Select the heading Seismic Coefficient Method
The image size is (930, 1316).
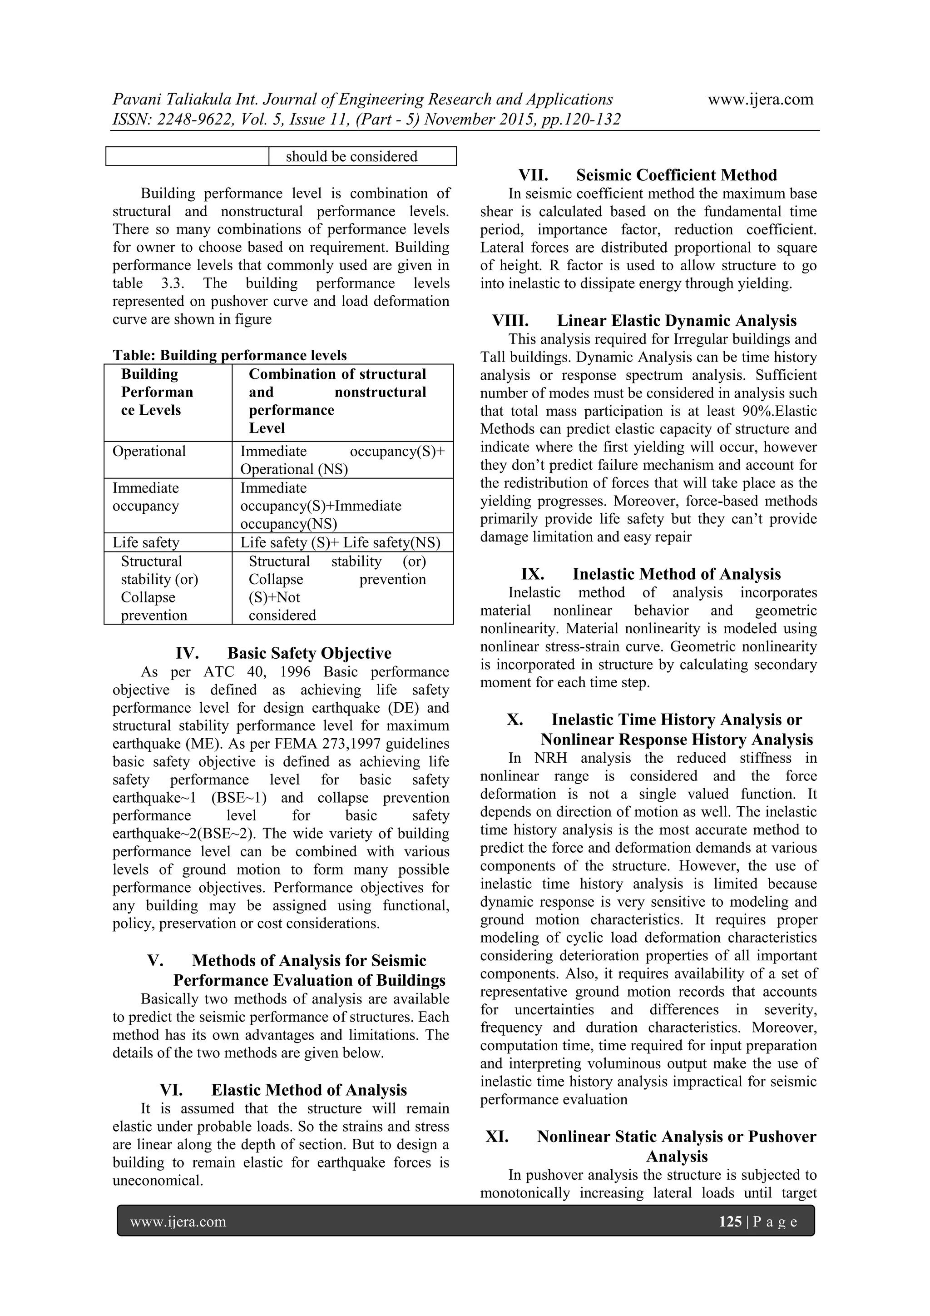pos(676,175)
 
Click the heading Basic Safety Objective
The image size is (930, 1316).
pos(309,653)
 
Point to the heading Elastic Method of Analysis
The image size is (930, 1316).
pos(309,1090)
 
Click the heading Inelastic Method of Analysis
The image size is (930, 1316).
pos(676,574)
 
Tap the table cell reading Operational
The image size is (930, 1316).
pos(149,451)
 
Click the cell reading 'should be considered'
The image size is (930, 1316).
pos(351,156)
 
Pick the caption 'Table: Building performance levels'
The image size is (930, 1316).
pos(229,355)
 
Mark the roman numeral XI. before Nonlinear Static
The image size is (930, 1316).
pos(497,1136)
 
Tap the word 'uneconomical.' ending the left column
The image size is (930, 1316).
pos(158,1180)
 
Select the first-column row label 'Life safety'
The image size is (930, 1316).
pos(146,542)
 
